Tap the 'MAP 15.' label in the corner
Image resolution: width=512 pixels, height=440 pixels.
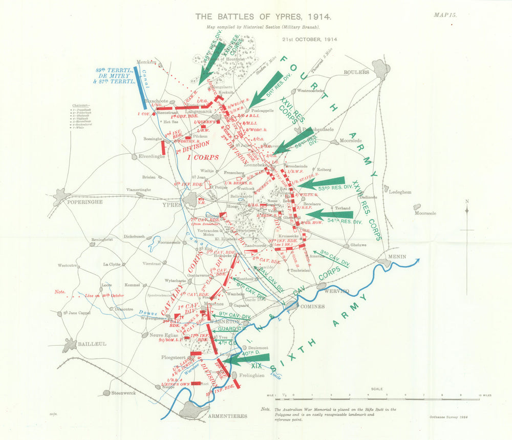pos(444,15)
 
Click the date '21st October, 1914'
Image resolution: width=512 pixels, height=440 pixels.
pos(309,39)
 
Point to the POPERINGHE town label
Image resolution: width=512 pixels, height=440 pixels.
pos(85,202)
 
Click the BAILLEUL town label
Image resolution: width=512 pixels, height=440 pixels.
pos(92,344)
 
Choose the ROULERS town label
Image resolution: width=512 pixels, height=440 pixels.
pos(357,72)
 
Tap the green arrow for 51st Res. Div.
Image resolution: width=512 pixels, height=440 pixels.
pos(267,87)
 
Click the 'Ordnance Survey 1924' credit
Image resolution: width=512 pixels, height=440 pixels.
pos(446,417)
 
